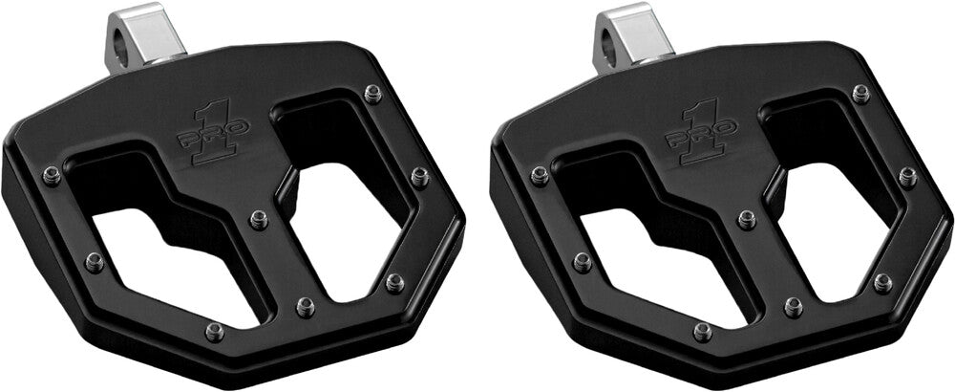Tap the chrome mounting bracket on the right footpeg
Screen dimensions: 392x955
tap(634, 34)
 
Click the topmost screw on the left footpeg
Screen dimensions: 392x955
tap(373, 94)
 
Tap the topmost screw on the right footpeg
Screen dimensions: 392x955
tap(861, 94)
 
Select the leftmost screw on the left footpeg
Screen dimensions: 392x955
tap(52, 176)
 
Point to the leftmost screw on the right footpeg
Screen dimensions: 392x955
tap(540, 176)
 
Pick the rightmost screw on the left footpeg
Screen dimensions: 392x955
tap(419, 177)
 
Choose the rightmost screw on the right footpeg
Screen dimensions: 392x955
tap(907, 177)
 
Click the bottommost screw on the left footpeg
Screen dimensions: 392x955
tap(215, 332)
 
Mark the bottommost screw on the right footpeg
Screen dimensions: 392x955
tap(703, 332)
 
